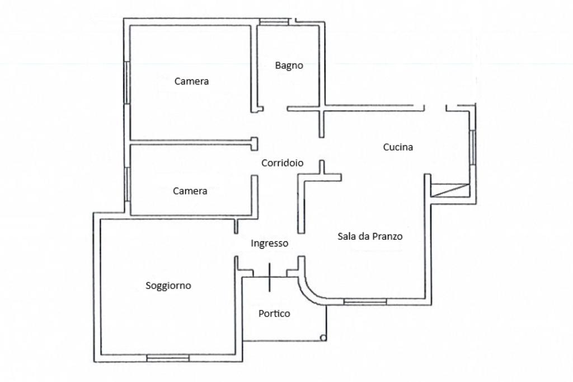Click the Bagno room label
289,66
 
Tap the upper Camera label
191,81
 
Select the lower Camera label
190,191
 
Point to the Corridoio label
283,163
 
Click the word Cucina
398,147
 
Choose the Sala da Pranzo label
370,236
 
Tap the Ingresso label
269,243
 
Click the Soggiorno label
168,286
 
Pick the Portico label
274,314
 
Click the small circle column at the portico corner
323,338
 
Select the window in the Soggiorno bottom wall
168,357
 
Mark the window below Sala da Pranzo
365,301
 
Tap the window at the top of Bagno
274,22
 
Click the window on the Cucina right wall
473,147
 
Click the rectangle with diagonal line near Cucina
450,190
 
